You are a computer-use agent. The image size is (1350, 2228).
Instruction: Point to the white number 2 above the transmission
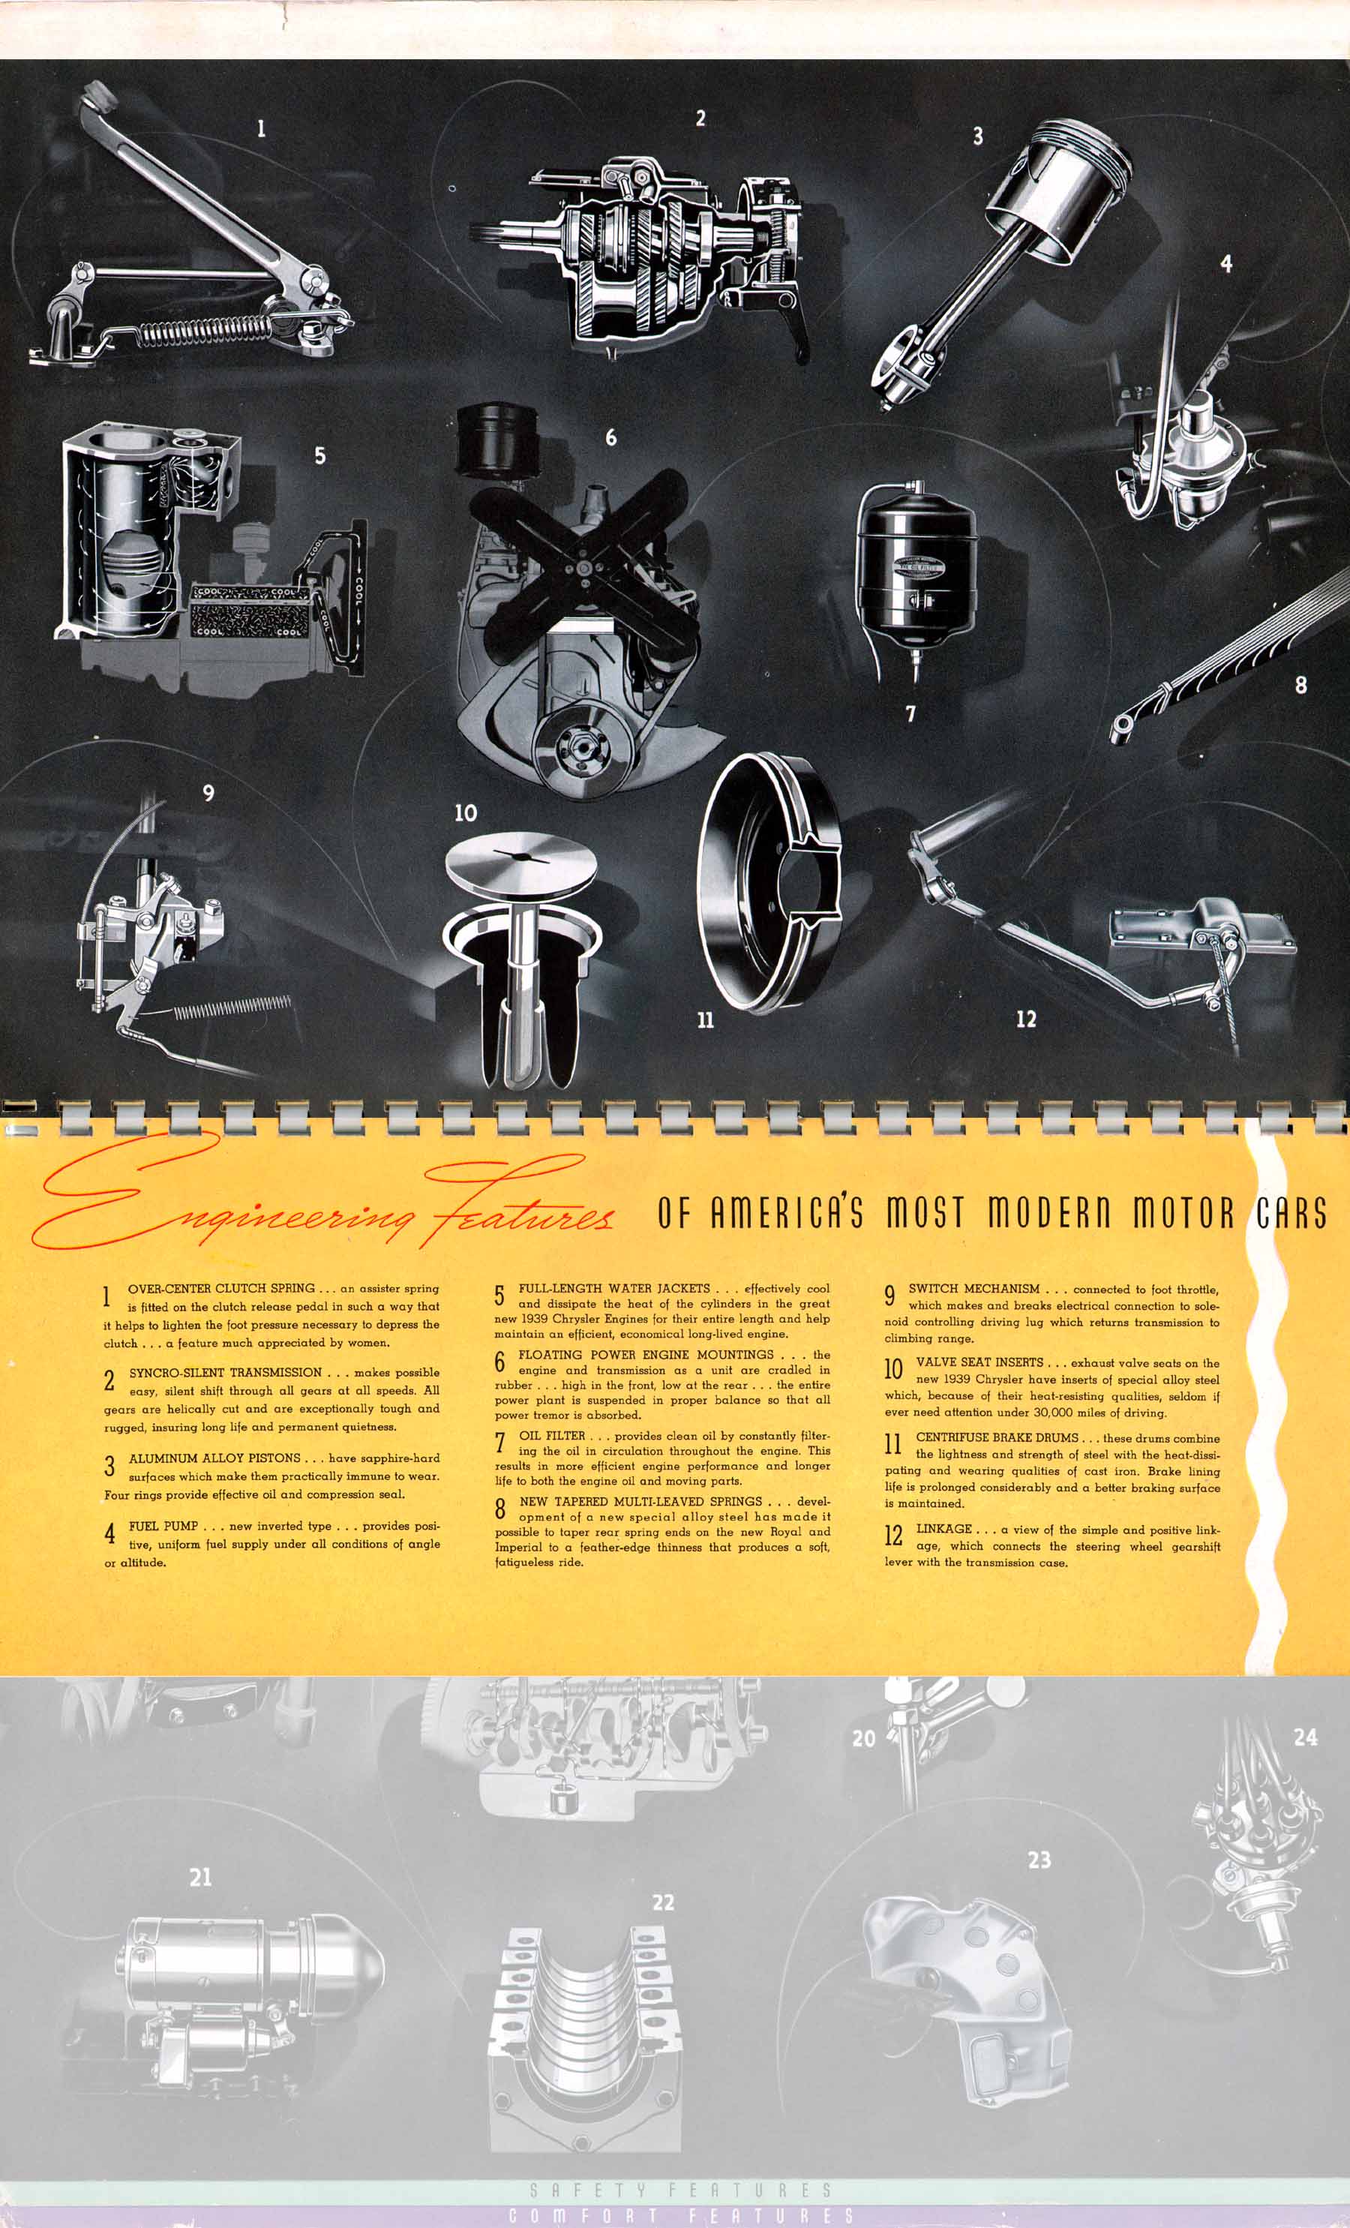[700, 118]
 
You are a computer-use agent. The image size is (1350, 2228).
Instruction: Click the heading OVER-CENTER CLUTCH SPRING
[221, 1289]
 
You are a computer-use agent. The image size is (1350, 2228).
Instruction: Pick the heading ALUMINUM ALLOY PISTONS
[214, 1458]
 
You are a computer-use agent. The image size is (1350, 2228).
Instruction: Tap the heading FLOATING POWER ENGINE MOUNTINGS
[646, 1355]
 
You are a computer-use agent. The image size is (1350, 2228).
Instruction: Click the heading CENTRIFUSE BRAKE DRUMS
[997, 1438]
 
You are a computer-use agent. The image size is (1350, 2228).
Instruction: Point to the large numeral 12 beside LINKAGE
[893, 1534]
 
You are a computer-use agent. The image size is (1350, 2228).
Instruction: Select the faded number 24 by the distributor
[1305, 1737]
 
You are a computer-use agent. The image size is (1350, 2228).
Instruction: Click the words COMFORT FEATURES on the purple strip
[681, 2215]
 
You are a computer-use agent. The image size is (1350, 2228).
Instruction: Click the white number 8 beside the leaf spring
[1300, 684]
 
